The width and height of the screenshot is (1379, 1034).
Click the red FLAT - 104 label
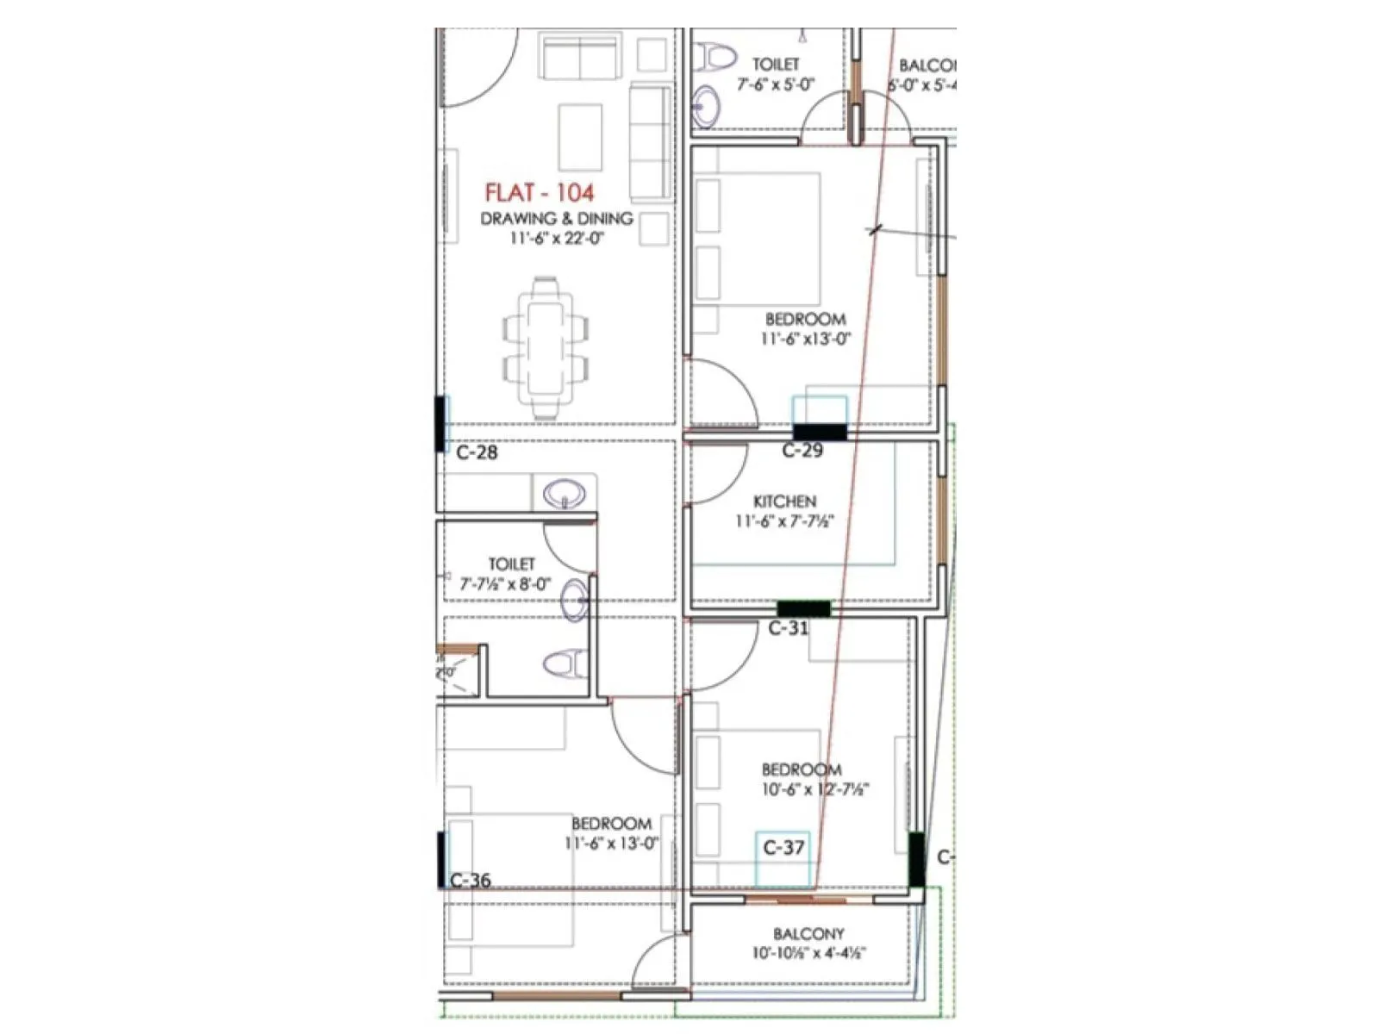(540, 192)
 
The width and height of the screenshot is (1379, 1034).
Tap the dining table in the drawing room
(545, 347)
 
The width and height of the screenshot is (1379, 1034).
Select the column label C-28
(477, 452)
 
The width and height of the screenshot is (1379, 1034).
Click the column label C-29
(802, 450)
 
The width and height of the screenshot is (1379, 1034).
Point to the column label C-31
(789, 628)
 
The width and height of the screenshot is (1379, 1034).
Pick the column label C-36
(471, 880)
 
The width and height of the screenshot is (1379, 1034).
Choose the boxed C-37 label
(783, 848)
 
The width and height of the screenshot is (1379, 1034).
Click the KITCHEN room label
(784, 501)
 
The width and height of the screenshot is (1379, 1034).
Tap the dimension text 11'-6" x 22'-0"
(556, 239)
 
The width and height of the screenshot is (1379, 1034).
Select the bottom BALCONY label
(808, 933)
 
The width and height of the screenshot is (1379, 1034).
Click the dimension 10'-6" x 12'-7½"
(814, 789)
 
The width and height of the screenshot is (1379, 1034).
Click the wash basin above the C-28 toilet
(564, 495)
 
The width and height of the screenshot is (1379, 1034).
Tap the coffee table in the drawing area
(580, 138)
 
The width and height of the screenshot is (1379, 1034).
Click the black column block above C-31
(803, 608)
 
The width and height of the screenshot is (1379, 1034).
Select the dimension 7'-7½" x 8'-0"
(505, 584)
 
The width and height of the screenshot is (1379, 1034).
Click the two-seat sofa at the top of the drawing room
(580, 57)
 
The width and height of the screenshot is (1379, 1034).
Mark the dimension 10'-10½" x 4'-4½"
(808, 953)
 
